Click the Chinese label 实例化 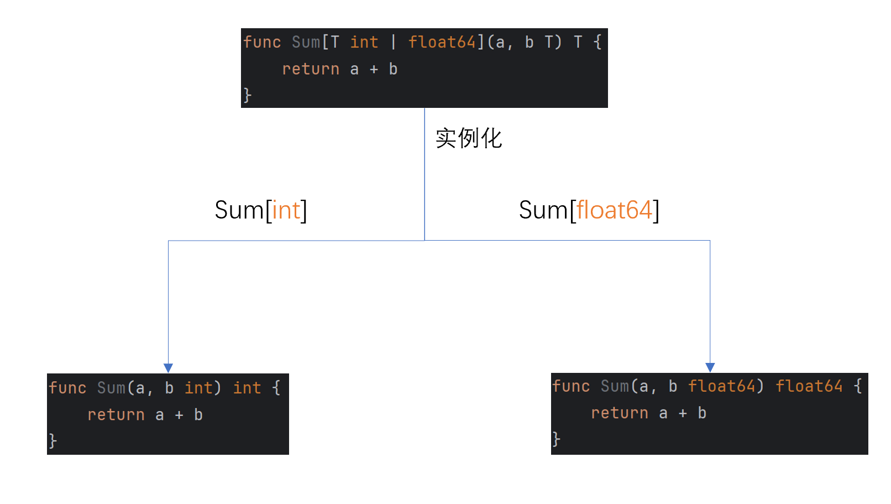(468, 138)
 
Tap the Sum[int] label (260, 210)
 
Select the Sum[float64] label (589, 210)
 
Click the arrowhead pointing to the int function (169, 368)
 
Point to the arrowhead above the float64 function (710, 367)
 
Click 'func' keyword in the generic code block (262, 42)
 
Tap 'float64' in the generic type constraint (442, 42)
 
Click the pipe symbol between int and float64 (394, 42)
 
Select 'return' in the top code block (311, 69)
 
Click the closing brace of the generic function (248, 95)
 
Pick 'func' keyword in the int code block (67, 388)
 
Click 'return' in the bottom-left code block (116, 415)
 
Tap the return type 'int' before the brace (247, 388)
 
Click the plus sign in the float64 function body (683, 413)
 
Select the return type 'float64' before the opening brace (809, 386)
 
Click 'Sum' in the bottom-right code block (615, 386)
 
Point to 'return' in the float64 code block (620, 413)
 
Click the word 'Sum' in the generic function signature (306, 42)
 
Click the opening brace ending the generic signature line (598, 42)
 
